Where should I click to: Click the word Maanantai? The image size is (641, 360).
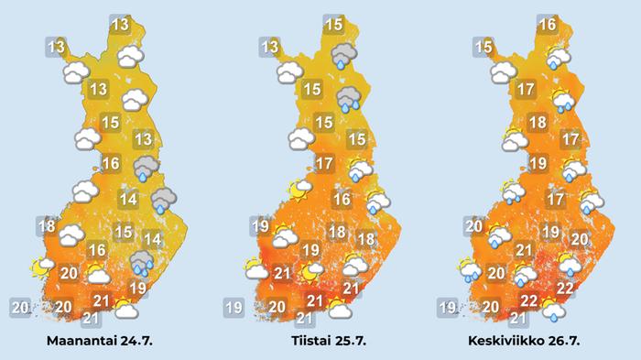(84, 342)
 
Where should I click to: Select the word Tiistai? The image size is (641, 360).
(306, 342)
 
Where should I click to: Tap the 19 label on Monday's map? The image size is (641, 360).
(138, 288)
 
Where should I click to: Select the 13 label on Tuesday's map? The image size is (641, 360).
(270, 47)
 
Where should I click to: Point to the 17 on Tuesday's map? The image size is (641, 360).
(323, 165)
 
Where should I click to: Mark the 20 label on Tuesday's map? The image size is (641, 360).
(278, 307)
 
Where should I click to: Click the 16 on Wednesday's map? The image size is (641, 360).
(548, 25)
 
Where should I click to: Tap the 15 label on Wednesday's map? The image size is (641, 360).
(483, 46)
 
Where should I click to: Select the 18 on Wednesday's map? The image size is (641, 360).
(538, 123)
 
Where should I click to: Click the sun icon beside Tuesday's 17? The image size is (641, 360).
(299, 190)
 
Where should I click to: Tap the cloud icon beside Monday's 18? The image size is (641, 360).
(70, 237)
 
